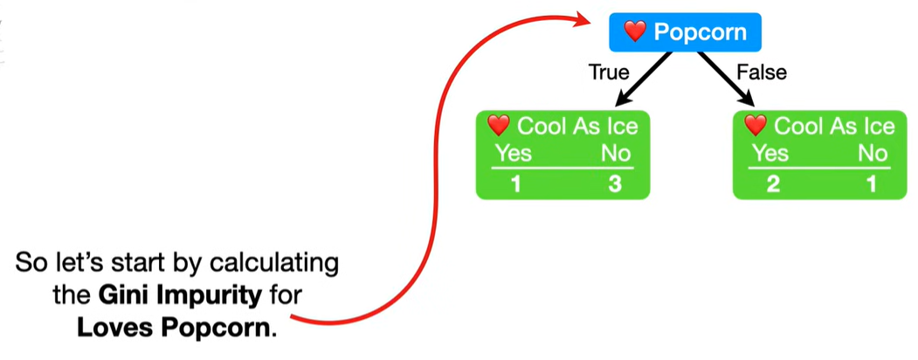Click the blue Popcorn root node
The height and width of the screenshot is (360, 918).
pos(685,33)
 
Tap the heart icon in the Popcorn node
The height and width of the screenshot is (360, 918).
pos(635,33)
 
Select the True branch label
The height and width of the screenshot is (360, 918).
pos(609,73)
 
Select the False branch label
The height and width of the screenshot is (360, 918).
pos(761,73)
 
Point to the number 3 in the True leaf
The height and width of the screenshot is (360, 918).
pos(615,184)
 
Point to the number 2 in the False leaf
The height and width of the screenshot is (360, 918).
pos(772,184)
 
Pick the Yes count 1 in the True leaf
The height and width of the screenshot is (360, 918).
pos(514,184)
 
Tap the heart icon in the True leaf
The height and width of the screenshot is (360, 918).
pos(498,126)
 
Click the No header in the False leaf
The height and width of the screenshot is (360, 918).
pos(872,155)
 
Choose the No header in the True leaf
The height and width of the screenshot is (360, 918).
pos(616,155)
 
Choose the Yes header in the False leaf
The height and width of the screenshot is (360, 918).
pos(770,155)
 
